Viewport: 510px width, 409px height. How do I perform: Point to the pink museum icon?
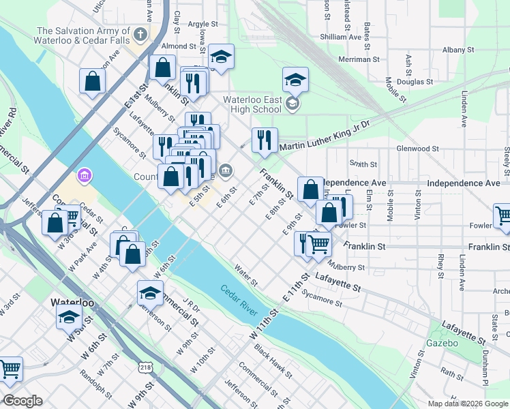pos(85,177)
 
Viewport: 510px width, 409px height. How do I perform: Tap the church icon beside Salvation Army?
pos(140,33)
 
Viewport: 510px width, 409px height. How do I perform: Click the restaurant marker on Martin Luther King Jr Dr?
pos(265,140)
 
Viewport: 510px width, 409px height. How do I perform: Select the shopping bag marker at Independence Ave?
pos(311,189)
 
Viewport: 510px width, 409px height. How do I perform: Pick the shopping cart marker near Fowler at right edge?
pos(503,216)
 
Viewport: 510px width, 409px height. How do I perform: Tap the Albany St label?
pos(457,50)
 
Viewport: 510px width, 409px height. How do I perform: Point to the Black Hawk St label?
pos(273,361)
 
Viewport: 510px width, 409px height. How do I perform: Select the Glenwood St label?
pos(417,148)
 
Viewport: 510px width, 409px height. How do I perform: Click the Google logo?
pos(23,401)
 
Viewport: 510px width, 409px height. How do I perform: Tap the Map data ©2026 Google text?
pos(468,403)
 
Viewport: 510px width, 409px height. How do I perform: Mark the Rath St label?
pos(452,372)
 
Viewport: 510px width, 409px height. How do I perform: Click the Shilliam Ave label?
pos(340,37)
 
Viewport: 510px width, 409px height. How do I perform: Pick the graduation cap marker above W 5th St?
pos(69,316)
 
